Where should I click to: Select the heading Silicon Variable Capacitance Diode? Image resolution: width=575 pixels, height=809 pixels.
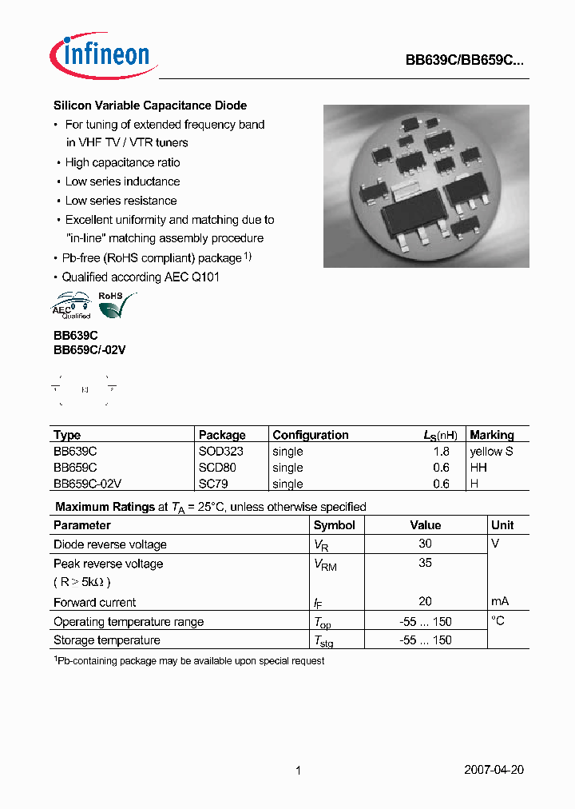pos(150,106)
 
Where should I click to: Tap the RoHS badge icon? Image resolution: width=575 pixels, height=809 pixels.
pos(116,304)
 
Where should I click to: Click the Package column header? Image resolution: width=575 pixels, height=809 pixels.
pos(222,435)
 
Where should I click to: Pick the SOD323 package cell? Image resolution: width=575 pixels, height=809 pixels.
pos(220,451)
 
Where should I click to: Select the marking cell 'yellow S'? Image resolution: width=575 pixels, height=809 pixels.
pos(491,451)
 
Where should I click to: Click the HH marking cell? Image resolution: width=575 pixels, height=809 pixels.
pos(478,468)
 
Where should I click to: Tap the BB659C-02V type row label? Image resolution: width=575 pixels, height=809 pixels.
pos(87,484)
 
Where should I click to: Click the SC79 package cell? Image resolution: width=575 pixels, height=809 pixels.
pos(212,484)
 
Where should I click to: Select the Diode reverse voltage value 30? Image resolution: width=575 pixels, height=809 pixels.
pos(425,544)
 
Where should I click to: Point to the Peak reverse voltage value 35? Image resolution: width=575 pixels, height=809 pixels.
pos(425,563)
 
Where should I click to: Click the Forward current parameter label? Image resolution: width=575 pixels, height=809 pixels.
pos(94,602)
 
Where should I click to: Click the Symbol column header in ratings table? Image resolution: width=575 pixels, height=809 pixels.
pos(334,525)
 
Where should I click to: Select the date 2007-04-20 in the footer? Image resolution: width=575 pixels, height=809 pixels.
pos(494,771)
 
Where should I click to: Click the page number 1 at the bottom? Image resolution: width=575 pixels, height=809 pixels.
pos(298,771)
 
